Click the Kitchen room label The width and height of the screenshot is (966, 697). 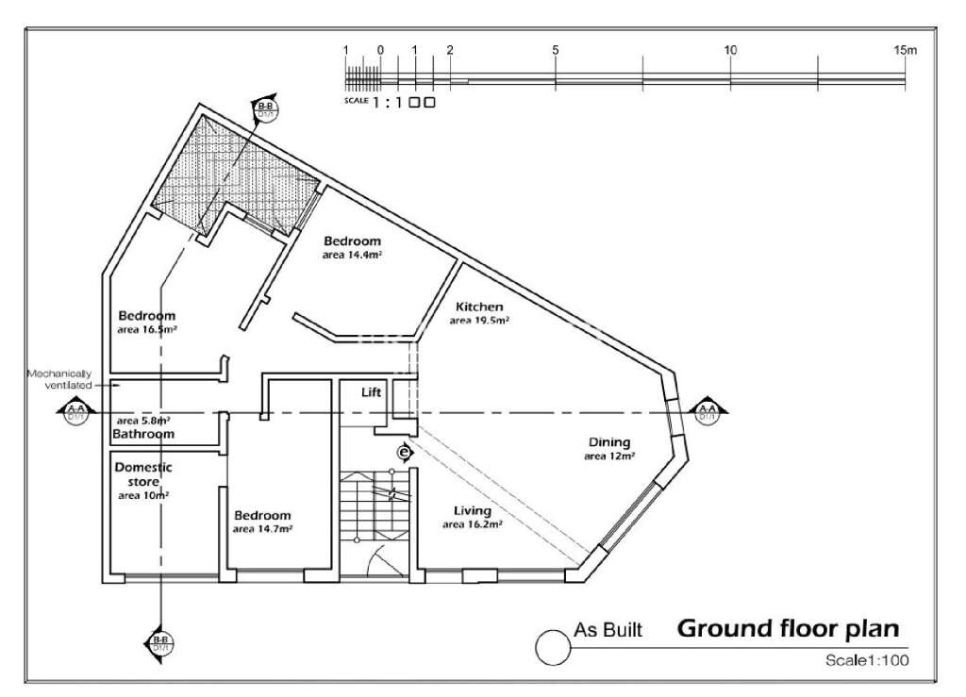click(x=479, y=307)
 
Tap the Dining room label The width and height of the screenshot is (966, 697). click(x=609, y=442)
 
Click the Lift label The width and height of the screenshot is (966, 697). click(x=372, y=392)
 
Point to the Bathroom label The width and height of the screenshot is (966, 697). click(x=143, y=434)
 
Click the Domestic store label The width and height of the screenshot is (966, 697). click(x=142, y=473)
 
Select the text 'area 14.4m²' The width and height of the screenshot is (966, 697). click(x=351, y=255)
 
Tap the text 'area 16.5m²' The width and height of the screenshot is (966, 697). click(x=148, y=330)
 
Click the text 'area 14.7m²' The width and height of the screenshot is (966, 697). click(x=262, y=529)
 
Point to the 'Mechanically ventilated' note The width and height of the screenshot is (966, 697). click(x=59, y=379)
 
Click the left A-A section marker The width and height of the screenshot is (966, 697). click(x=75, y=411)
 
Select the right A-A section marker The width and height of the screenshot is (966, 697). click(x=706, y=411)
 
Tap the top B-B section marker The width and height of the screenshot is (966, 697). click(x=265, y=109)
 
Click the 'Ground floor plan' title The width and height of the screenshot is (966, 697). click(x=789, y=628)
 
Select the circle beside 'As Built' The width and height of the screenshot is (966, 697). click(x=549, y=646)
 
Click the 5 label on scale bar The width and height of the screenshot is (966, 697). click(x=556, y=50)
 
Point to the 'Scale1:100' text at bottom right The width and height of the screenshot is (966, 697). click(x=866, y=661)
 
